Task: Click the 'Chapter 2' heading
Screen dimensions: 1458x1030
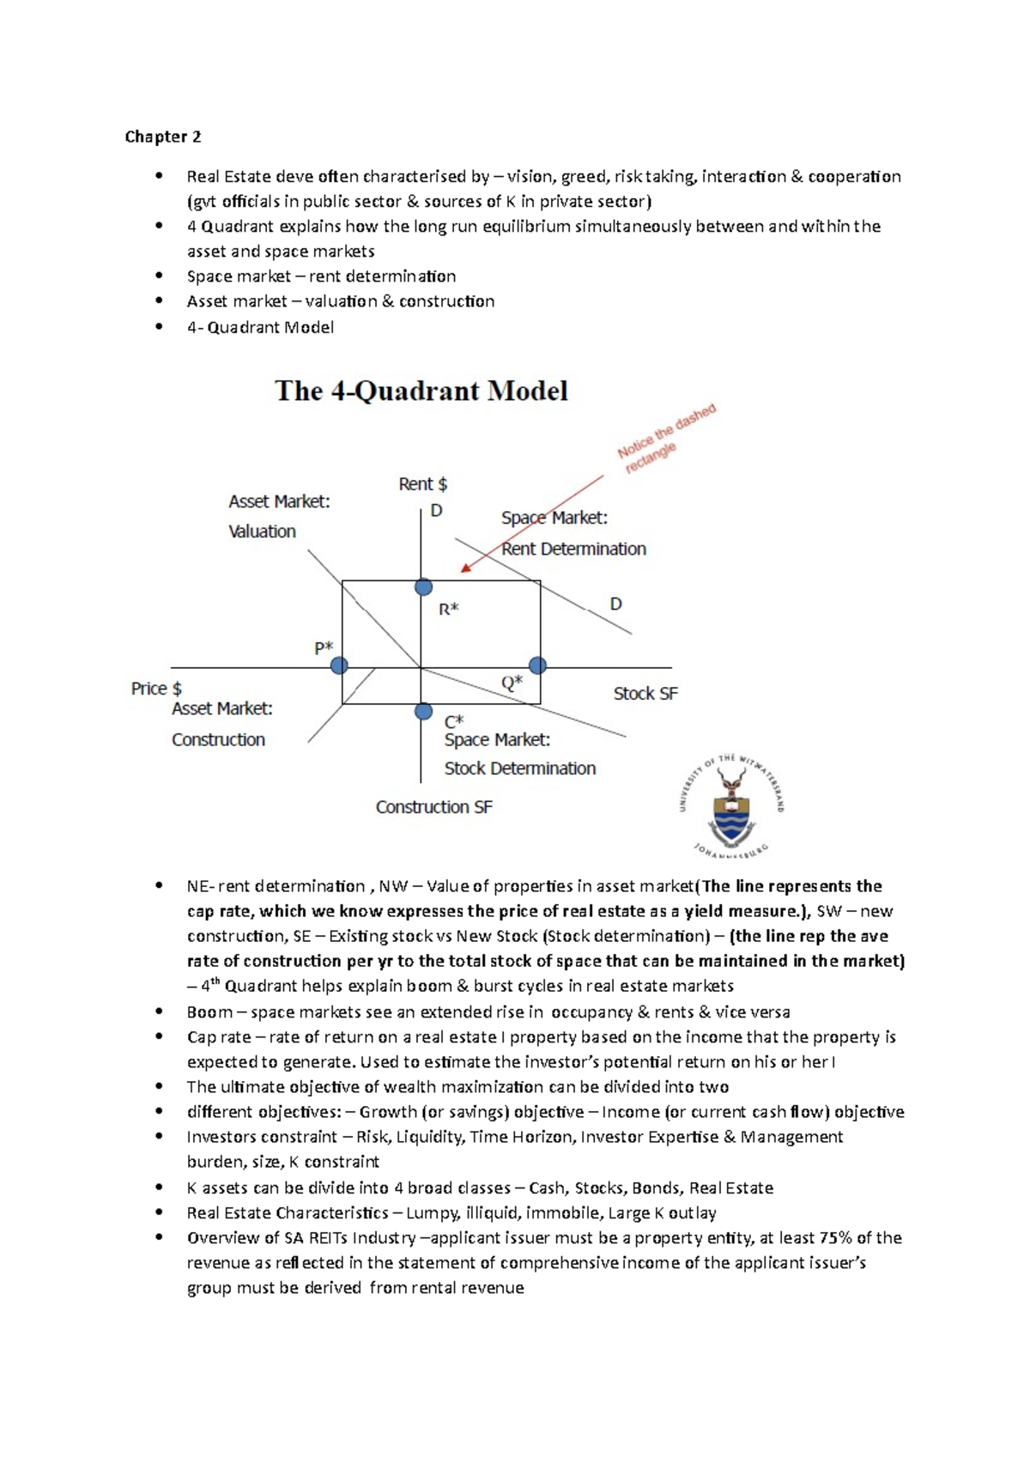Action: (163, 137)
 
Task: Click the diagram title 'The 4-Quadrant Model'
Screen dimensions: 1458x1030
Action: (421, 392)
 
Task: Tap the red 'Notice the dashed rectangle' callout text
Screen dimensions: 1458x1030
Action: (664, 439)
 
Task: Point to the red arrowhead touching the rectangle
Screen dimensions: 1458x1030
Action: (466, 567)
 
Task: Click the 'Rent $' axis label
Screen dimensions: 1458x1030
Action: (422, 484)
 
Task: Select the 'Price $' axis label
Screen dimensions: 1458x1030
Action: (156, 689)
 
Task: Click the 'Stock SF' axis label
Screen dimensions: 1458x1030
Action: (645, 694)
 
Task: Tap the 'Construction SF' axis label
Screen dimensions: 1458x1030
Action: (433, 807)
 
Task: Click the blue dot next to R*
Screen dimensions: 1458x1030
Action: (423, 587)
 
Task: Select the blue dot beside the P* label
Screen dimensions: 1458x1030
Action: (339, 665)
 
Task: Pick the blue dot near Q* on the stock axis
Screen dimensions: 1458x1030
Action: (537, 665)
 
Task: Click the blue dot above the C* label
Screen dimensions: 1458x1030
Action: (423, 711)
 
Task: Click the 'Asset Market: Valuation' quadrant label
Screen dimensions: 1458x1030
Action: (278, 516)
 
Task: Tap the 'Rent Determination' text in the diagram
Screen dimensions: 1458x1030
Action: (573, 549)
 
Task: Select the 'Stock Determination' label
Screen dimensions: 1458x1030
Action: (519, 768)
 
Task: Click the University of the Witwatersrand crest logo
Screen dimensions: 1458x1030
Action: (731, 805)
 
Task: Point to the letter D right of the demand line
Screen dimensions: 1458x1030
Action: (615, 604)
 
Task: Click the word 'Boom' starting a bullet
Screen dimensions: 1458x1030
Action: (209, 1011)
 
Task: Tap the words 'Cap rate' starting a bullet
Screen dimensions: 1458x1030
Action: (219, 1036)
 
